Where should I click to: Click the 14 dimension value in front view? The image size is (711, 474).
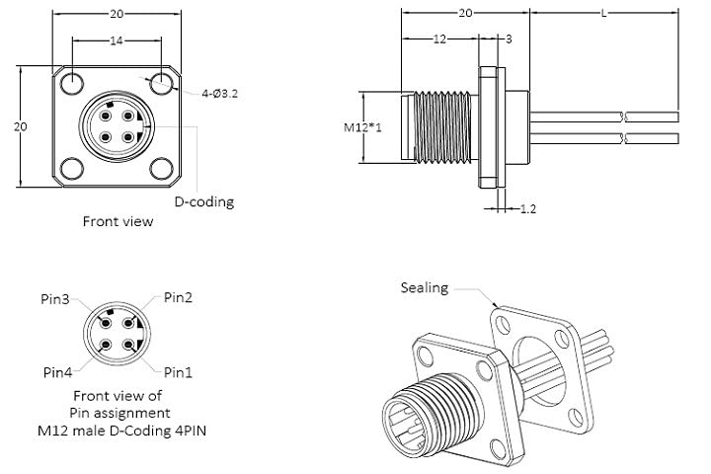tap(117, 41)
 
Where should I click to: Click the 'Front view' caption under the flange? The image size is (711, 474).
tap(118, 221)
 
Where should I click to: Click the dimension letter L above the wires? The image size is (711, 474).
tap(603, 13)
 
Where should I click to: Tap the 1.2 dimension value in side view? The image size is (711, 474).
tap(527, 208)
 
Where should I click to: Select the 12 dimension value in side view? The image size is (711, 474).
tap(440, 39)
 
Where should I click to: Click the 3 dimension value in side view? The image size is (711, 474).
tap(508, 39)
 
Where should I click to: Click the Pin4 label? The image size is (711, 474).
tap(56, 372)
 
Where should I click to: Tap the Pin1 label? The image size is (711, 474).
tap(178, 372)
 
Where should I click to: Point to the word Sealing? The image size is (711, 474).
tap(425, 287)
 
